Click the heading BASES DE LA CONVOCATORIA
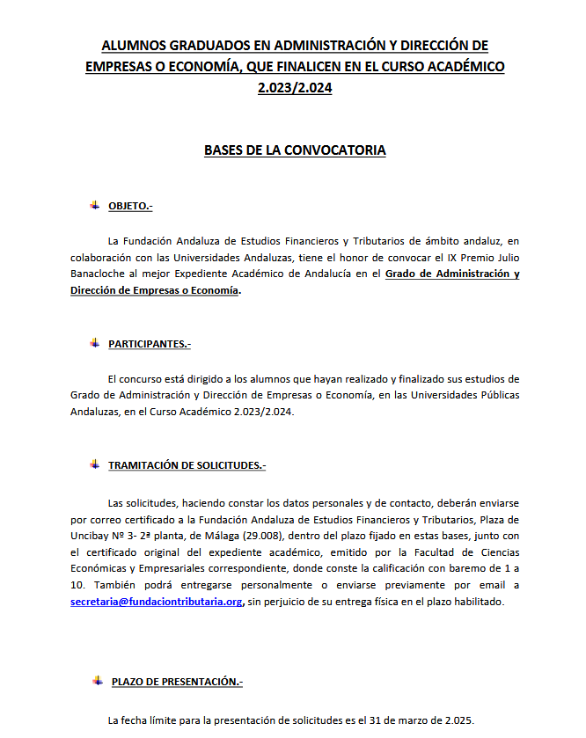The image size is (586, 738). click(295, 150)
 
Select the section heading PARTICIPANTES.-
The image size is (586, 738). click(149, 343)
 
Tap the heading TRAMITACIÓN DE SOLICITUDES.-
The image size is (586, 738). click(187, 465)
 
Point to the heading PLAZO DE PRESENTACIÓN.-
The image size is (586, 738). click(177, 682)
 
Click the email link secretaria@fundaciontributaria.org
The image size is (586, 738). click(156, 603)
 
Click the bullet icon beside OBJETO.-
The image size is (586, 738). click(94, 205)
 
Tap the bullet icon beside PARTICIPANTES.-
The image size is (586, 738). click(94, 342)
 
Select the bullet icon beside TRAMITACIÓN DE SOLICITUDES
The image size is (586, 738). click(94, 464)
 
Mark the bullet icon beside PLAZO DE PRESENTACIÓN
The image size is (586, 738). click(98, 681)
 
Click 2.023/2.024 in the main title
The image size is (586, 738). click(295, 88)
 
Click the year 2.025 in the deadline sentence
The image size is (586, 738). click(456, 720)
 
